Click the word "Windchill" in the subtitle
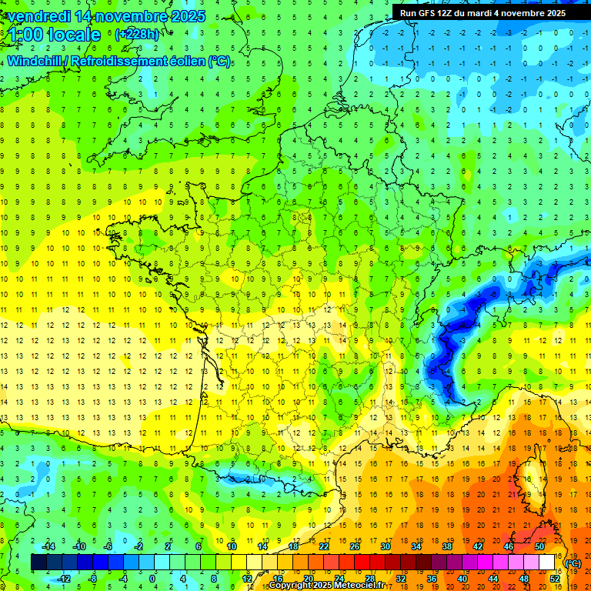(x=37, y=61)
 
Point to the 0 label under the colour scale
(x=152, y=578)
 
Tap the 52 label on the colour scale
(x=555, y=578)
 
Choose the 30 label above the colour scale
(x=385, y=546)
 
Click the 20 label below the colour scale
(x=308, y=578)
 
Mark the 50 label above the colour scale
(x=539, y=546)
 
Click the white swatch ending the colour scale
(x=547, y=563)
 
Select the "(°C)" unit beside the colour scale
(x=573, y=563)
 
